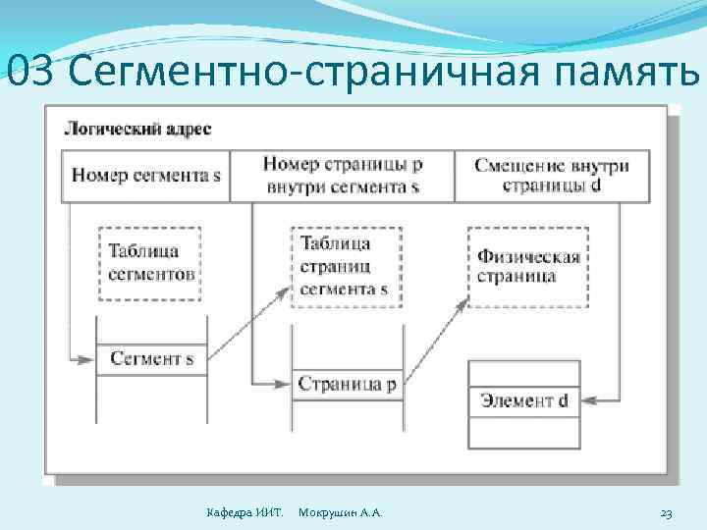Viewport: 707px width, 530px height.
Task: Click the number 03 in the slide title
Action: click(x=29, y=72)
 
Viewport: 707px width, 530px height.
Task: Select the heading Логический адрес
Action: click(x=137, y=129)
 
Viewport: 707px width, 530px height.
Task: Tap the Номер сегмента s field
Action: click(x=146, y=177)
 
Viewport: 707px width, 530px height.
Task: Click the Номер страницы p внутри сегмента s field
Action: click(x=342, y=176)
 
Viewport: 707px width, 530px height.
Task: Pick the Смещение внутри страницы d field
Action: click(x=551, y=176)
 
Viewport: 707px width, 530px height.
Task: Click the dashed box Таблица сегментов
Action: click(x=150, y=263)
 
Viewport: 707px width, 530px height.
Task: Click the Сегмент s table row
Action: click(x=151, y=359)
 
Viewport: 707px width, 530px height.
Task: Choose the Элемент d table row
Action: click(x=524, y=400)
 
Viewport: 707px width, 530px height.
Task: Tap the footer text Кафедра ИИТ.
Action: click(x=245, y=513)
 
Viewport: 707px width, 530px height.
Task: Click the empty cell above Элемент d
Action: click(x=524, y=373)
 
